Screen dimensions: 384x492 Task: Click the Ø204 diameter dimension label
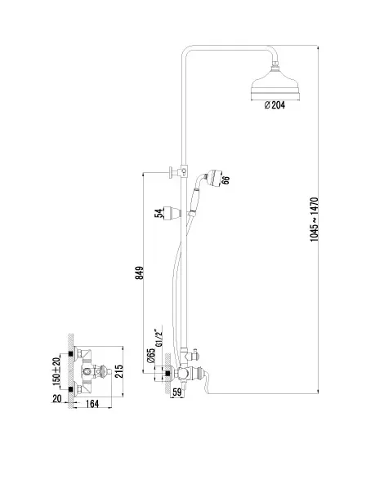tap(275, 105)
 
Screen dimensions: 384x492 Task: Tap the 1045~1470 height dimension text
tap(315, 219)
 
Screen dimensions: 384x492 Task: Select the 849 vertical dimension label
tap(140, 273)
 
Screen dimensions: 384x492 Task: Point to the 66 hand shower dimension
tap(225, 180)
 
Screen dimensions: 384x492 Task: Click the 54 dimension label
tap(159, 213)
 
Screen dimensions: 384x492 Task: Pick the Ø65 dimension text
tap(151, 356)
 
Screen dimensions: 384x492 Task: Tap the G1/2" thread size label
tap(159, 338)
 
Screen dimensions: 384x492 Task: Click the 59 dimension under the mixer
tap(177, 392)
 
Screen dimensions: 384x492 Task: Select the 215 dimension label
tap(118, 371)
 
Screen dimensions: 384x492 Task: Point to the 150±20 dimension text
tap(56, 371)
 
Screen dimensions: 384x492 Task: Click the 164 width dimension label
tap(92, 404)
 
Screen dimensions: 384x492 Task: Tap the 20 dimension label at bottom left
tap(57, 398)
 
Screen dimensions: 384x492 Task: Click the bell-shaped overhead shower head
tap(275, 83)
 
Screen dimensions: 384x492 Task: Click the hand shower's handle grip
tap(194, 199)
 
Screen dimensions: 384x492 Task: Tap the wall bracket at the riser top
tap(178, 171)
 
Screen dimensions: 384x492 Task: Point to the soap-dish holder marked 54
tap(172, 213)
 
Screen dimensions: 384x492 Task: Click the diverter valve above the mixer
tap(190, 355)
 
